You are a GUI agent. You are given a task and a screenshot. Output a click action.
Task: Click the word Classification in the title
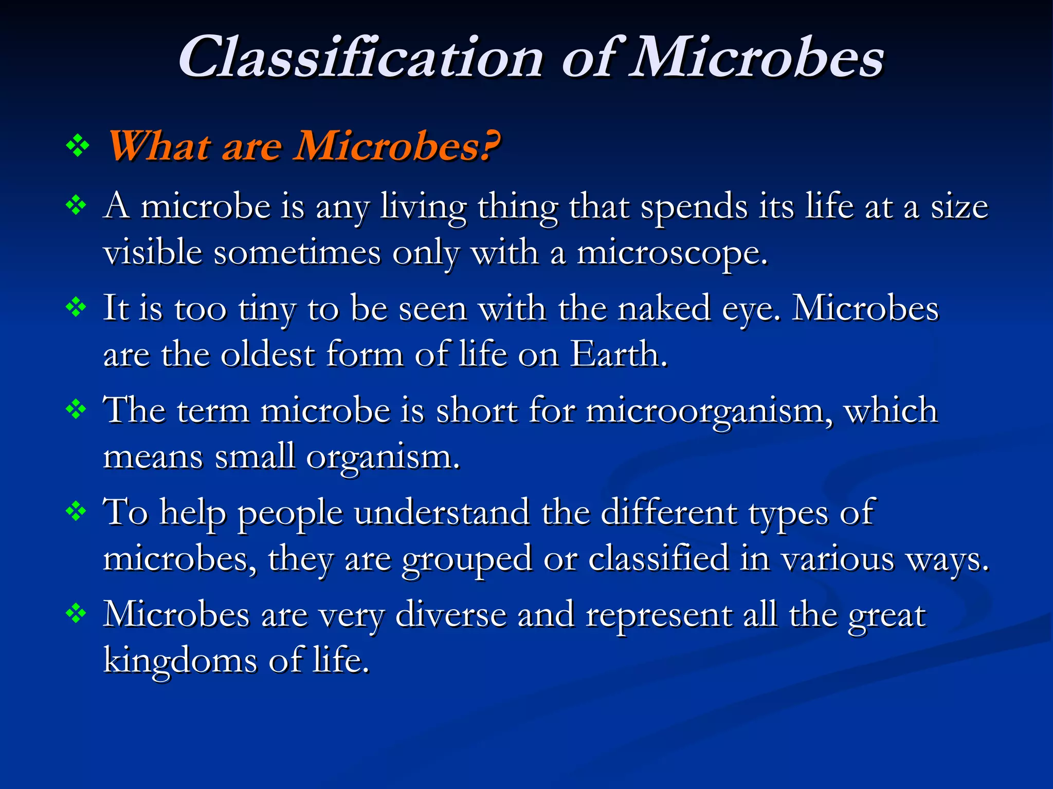pyautogui.click(x=360, y=58)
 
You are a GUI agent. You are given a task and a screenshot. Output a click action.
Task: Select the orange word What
pyautogui.click(x=159, y=146)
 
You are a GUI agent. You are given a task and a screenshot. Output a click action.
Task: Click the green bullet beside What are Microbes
pyautogui.click(x=78, y=146)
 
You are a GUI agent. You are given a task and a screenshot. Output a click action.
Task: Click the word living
pyautogui.click(x=423, y=208)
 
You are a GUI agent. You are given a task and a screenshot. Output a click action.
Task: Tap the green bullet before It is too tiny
pyautogui.click(x=76, y=308)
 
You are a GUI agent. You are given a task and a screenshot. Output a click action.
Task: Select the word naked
pyautogui.click(x=664, y=309)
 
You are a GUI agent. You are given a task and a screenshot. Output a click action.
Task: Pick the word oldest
pyautogui.click(x=267, y=354)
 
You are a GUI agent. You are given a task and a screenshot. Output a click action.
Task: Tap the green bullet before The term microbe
pyautogui.click(x=76, y=410)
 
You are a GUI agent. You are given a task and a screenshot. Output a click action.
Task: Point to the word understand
pyautogui.click(x=442, y=512)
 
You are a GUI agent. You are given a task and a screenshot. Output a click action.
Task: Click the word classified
pyautogui.click(x=658, y=559)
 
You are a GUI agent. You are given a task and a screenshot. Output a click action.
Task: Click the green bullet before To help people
pyautogui.click(x=76, y=512)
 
